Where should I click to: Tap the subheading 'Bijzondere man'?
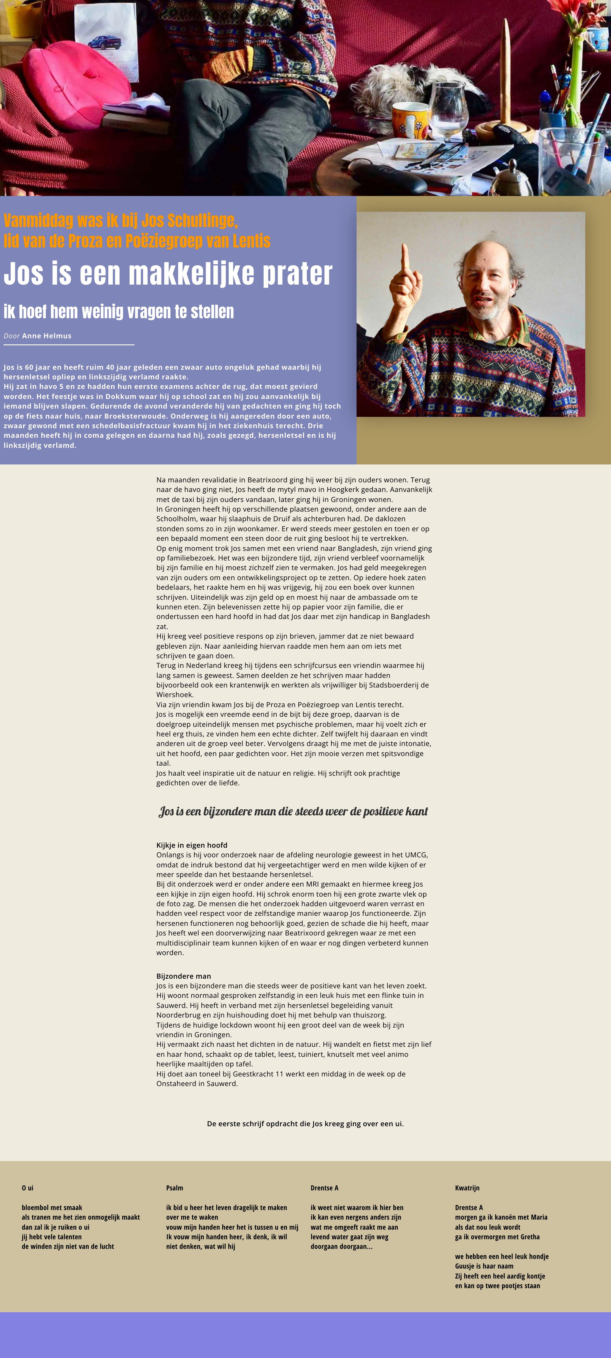tap(184, 976)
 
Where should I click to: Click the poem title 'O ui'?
tap(27, 1188)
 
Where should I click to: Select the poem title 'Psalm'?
tap(175, 1188)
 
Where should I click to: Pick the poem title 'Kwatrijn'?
tap(467, 1188)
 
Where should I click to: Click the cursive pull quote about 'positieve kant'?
tap(293, 811)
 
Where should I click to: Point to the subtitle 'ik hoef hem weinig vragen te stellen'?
tap(119, 311)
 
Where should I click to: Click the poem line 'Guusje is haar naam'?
tap(484, 1266)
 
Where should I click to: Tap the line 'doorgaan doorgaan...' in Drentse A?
tap(341, 1246)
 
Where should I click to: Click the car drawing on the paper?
tap(104, 42)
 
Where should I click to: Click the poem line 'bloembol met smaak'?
tap(52, 1207)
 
